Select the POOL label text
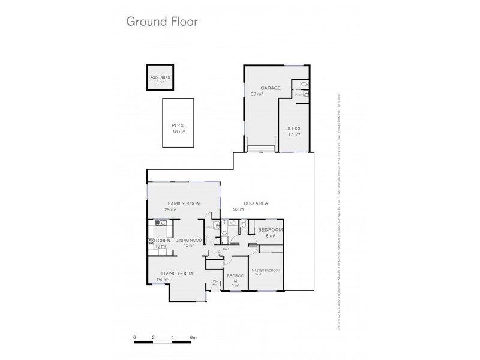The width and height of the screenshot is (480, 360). [x=178, y=125]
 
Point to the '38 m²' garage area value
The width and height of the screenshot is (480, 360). [x=257, y=94]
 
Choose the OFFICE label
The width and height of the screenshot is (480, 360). [x=293, y=128]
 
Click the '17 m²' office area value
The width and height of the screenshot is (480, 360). [x=293, y=134]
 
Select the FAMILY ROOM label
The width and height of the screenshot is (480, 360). [x=184, y=203]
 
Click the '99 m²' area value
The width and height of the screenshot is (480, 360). [x=241, y=209]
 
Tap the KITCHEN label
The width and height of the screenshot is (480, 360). [x=158, y=241]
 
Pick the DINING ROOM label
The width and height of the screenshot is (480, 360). [x=190, y=240]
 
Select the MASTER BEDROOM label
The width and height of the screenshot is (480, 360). [x=266, y=270]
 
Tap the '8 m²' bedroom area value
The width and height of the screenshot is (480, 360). [x=270, y=235]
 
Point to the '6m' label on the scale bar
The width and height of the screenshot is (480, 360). [x=193, y=338]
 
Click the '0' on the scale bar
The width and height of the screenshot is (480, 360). [x=135, y=338]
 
